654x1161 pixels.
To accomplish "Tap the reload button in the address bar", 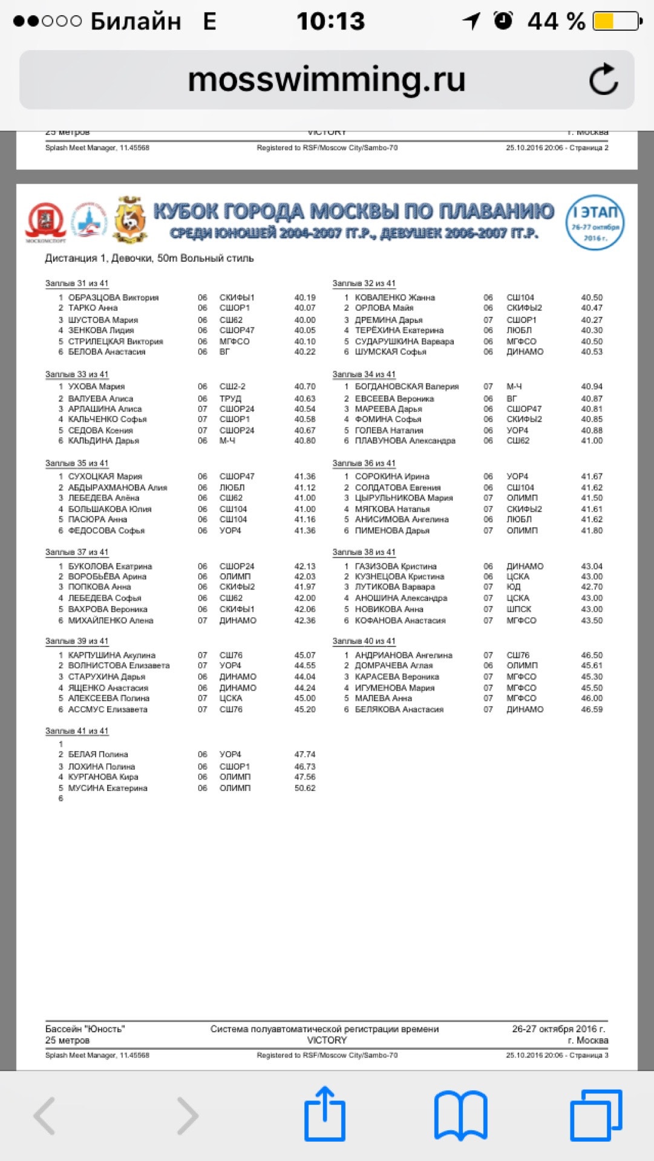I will (603, 80).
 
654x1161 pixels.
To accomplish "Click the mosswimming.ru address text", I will (327, 79).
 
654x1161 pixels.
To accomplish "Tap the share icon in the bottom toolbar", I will (325, 1114).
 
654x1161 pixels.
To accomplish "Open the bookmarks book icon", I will (461, 1115).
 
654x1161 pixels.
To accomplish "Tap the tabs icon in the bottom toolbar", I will (596, 1115).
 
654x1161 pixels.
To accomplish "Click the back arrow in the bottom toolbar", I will (45, 1115).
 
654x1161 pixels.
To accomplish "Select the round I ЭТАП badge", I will (595, 222).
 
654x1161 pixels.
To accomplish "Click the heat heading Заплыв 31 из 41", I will (77, 283).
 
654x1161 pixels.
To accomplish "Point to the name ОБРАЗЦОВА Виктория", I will (113, 298).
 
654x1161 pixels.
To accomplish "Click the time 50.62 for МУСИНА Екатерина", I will (305, 788).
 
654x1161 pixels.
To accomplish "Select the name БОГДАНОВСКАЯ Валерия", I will (407, 386).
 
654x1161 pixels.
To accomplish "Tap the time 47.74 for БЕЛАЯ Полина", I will (305, 754).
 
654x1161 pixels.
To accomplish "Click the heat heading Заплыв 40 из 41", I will (364, 641).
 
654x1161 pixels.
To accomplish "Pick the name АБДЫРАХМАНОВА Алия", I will (117, 487).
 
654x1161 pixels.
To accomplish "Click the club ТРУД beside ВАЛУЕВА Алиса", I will (230, 398).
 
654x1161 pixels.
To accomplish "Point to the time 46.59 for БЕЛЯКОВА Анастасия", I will (592, 709).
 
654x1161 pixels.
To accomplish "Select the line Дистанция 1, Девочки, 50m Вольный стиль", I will (149, 258).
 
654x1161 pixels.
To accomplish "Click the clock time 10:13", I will (330, 22).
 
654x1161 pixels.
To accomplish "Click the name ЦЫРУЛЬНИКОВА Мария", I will (404, 498).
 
